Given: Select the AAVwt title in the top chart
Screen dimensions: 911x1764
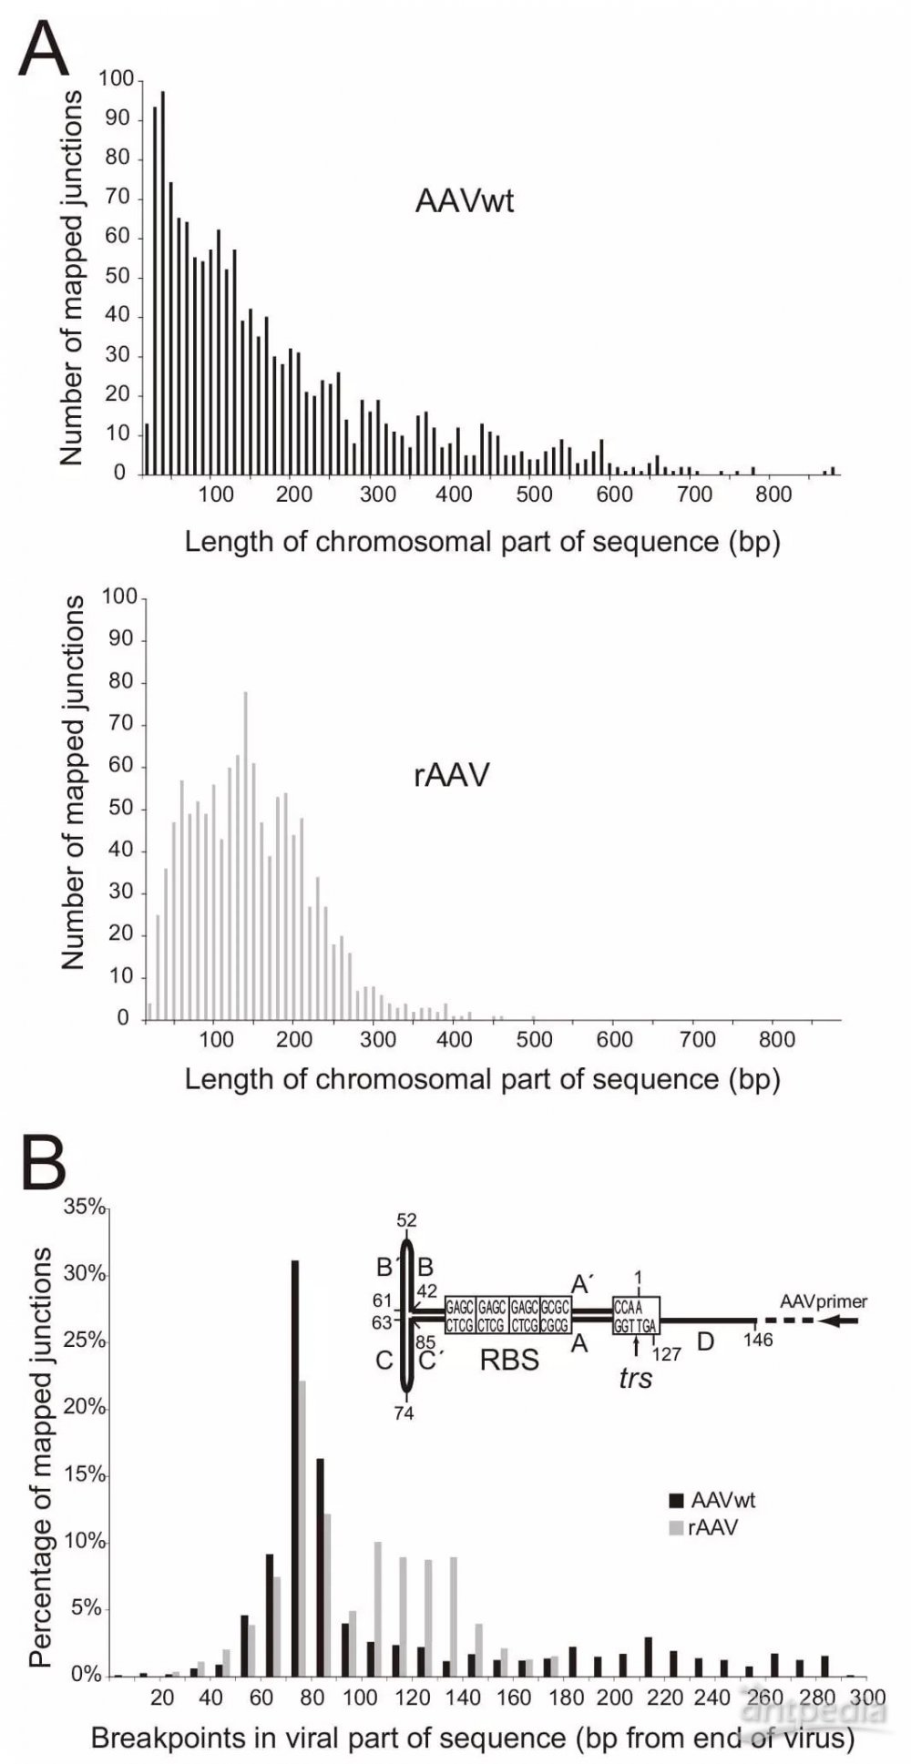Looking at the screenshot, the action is pyautogui.click(x=465, y=199).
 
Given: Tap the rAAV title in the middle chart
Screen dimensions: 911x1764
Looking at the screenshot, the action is pyautogui.click(x=452, y=774).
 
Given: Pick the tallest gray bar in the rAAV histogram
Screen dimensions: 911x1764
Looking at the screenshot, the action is pyautogui.click(x=245, y=855).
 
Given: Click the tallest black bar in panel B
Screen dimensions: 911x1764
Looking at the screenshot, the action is pyautogui.click(x=295, y=1468).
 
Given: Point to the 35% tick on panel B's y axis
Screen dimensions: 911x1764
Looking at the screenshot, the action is pyautogui.click(x=86, y=1208).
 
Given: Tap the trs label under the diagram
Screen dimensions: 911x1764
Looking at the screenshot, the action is pyautogui.click(x=636, y=1377).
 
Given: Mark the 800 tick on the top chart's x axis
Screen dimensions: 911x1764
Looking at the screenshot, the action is pyautogui.click(x=775, y=495).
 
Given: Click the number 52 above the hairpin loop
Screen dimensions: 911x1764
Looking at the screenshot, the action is pyautogui.click(x=407, y=1220).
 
